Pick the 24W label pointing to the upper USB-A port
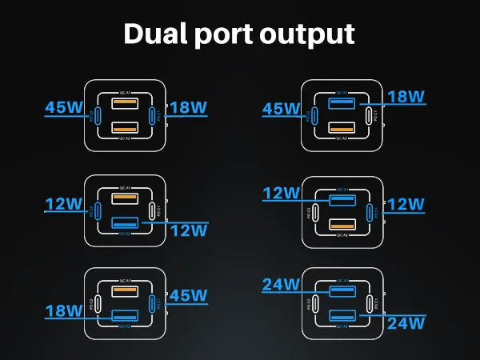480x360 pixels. pyautogui.click(x=280, y=284)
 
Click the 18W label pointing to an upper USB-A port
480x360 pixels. pyautogui.click(x=405, y=98)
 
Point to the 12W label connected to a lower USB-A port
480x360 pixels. pyautogui.click(x=188, y=230)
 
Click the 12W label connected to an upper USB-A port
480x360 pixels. pyautogui.click(x=280, y=193)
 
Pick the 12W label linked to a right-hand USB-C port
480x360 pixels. pyautogui.click(x=406, y=206)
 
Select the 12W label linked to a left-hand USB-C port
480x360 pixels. pyautogui.click(x=64, y=205)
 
